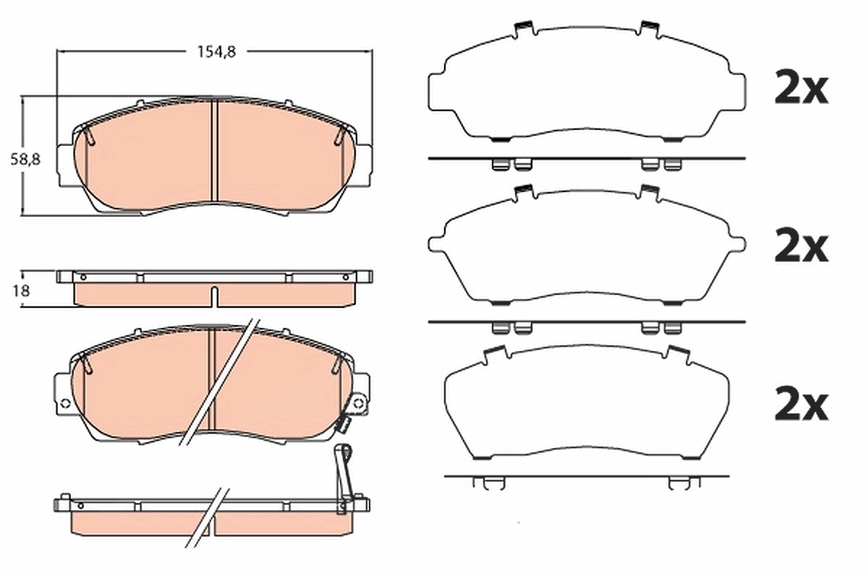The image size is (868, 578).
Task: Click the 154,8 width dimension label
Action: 216,51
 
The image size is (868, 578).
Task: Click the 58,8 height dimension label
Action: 25,159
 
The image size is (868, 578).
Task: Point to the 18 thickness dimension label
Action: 21,290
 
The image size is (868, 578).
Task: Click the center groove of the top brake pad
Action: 215,150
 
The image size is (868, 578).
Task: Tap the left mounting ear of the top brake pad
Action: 66,165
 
